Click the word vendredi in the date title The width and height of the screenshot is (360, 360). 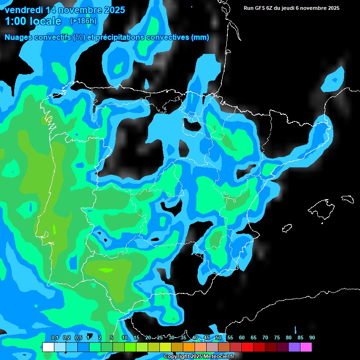23,10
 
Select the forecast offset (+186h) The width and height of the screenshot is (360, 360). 83,21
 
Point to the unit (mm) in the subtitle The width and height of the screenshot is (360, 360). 200,37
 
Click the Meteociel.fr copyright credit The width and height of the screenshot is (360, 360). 199,357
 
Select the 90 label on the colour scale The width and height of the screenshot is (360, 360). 312,337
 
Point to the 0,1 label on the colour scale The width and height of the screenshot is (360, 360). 54,337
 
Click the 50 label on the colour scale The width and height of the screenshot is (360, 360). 218,337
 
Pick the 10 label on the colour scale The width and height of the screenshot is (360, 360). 125,337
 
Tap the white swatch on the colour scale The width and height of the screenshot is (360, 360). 48,347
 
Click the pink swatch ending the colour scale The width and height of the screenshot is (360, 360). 306,347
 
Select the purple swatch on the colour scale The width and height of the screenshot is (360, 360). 294,347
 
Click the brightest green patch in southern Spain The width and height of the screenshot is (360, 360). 107,270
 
